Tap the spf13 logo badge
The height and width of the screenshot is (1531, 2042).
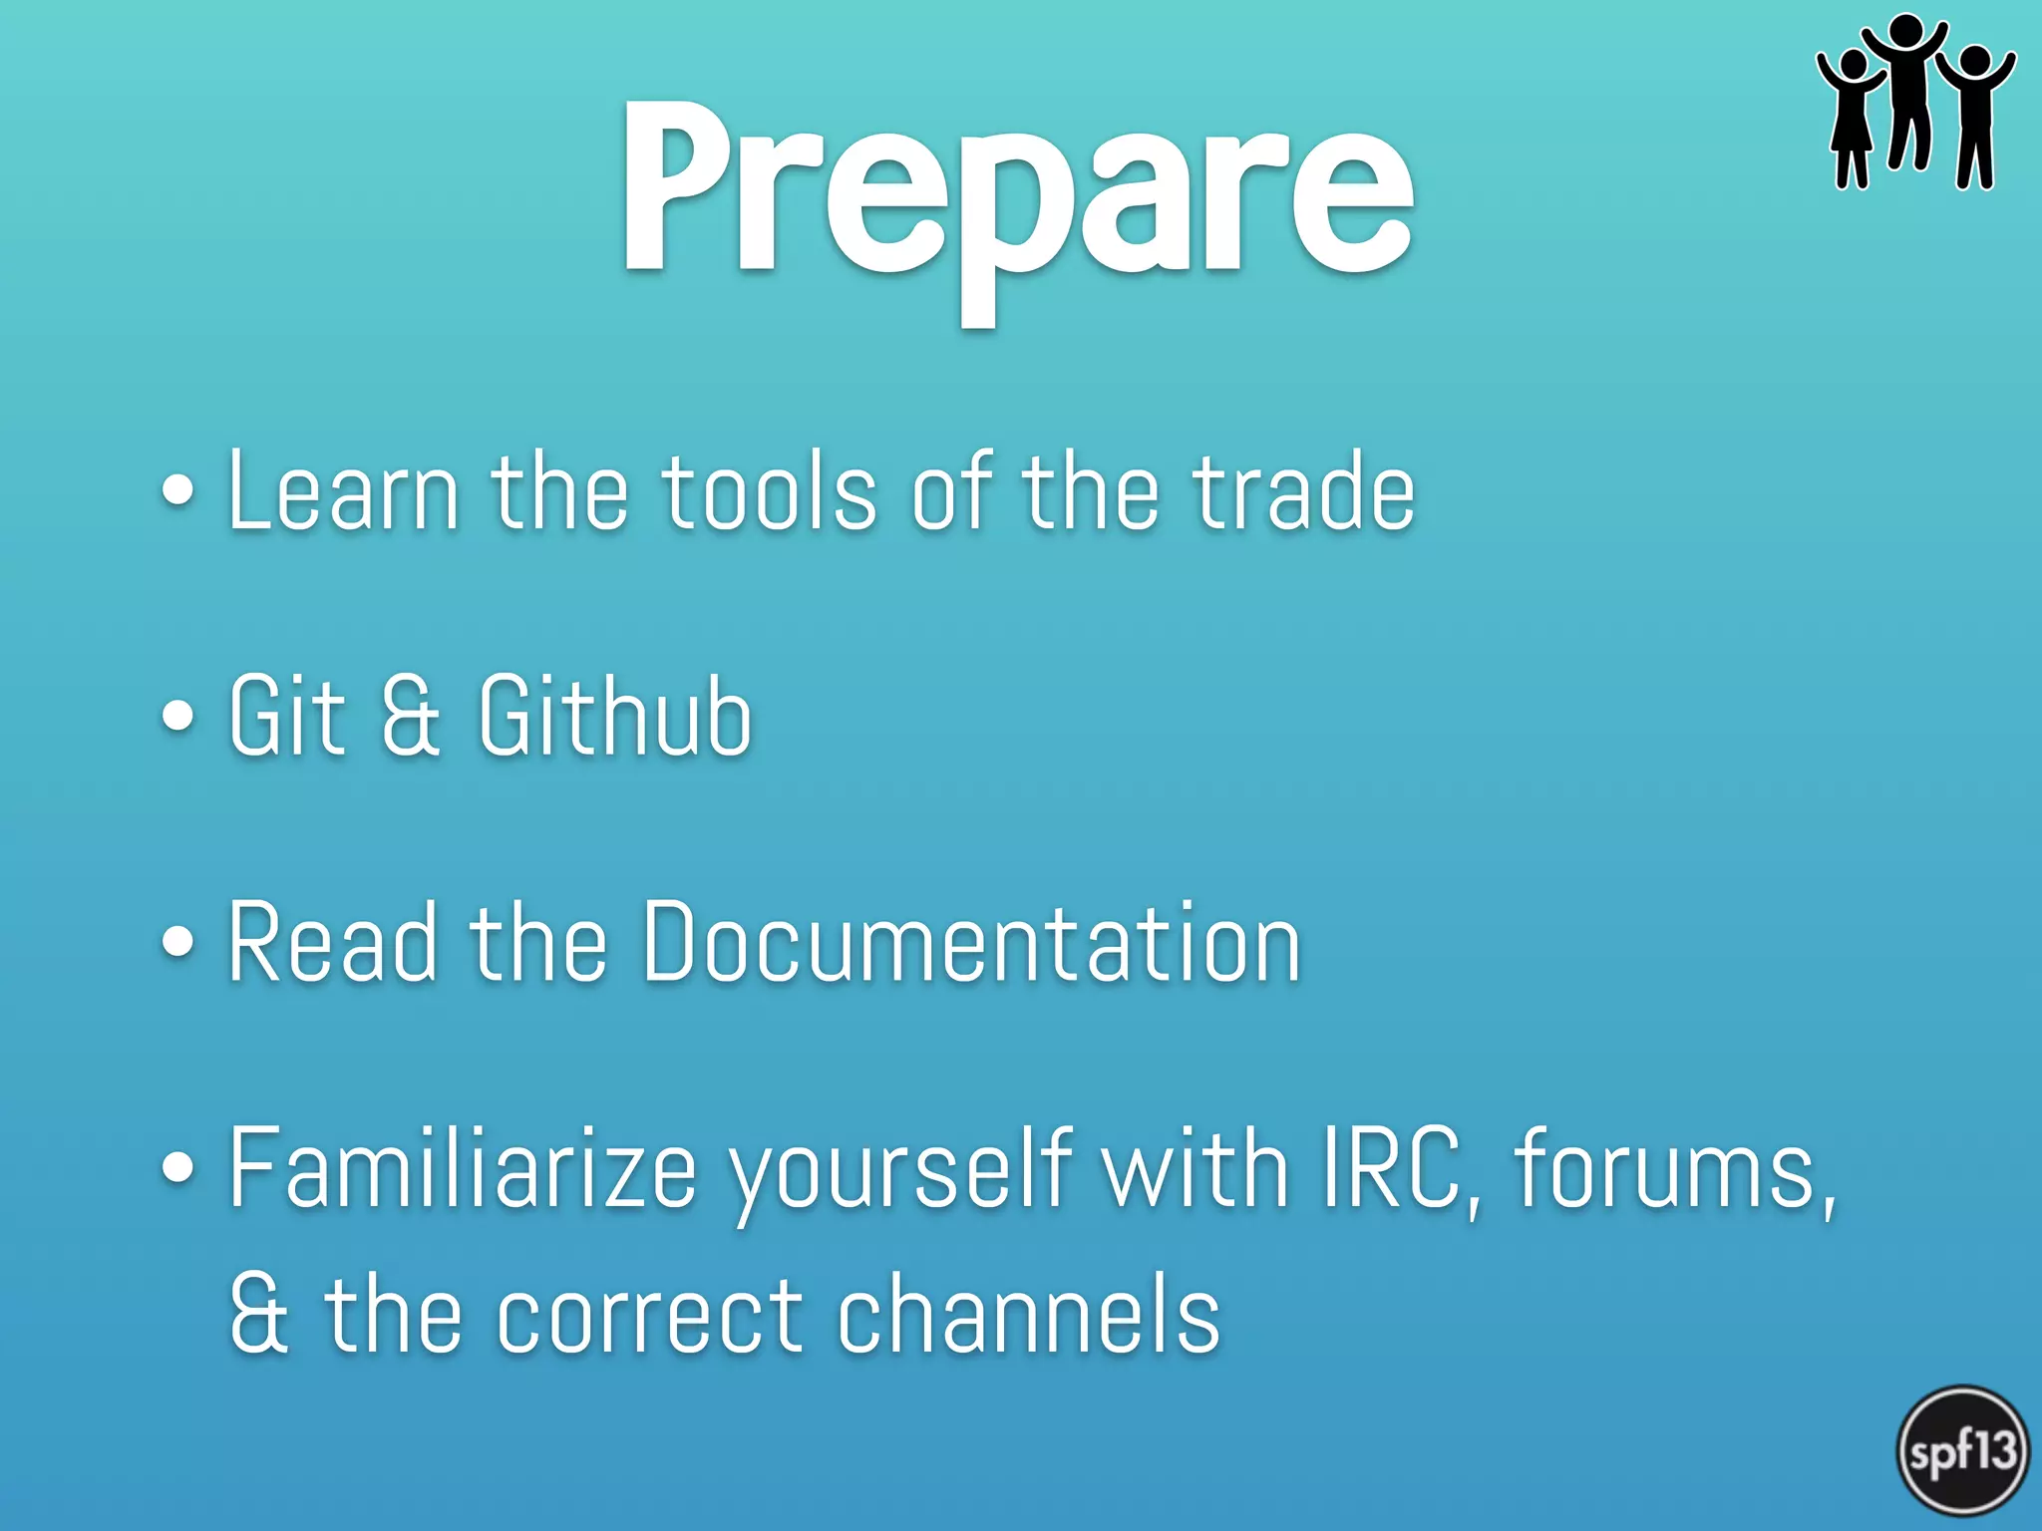point(1961,1450)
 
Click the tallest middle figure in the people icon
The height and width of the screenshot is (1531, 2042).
point(1906,95)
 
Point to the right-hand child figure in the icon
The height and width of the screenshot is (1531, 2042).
point(1975,115)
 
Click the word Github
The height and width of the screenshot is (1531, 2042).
point(614,715)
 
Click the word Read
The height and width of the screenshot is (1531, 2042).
point(332,941)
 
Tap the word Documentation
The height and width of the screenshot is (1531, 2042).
point(971,941)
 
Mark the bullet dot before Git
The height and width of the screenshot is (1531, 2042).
point(177,715)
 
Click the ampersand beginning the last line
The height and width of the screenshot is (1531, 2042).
point(259,1316)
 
